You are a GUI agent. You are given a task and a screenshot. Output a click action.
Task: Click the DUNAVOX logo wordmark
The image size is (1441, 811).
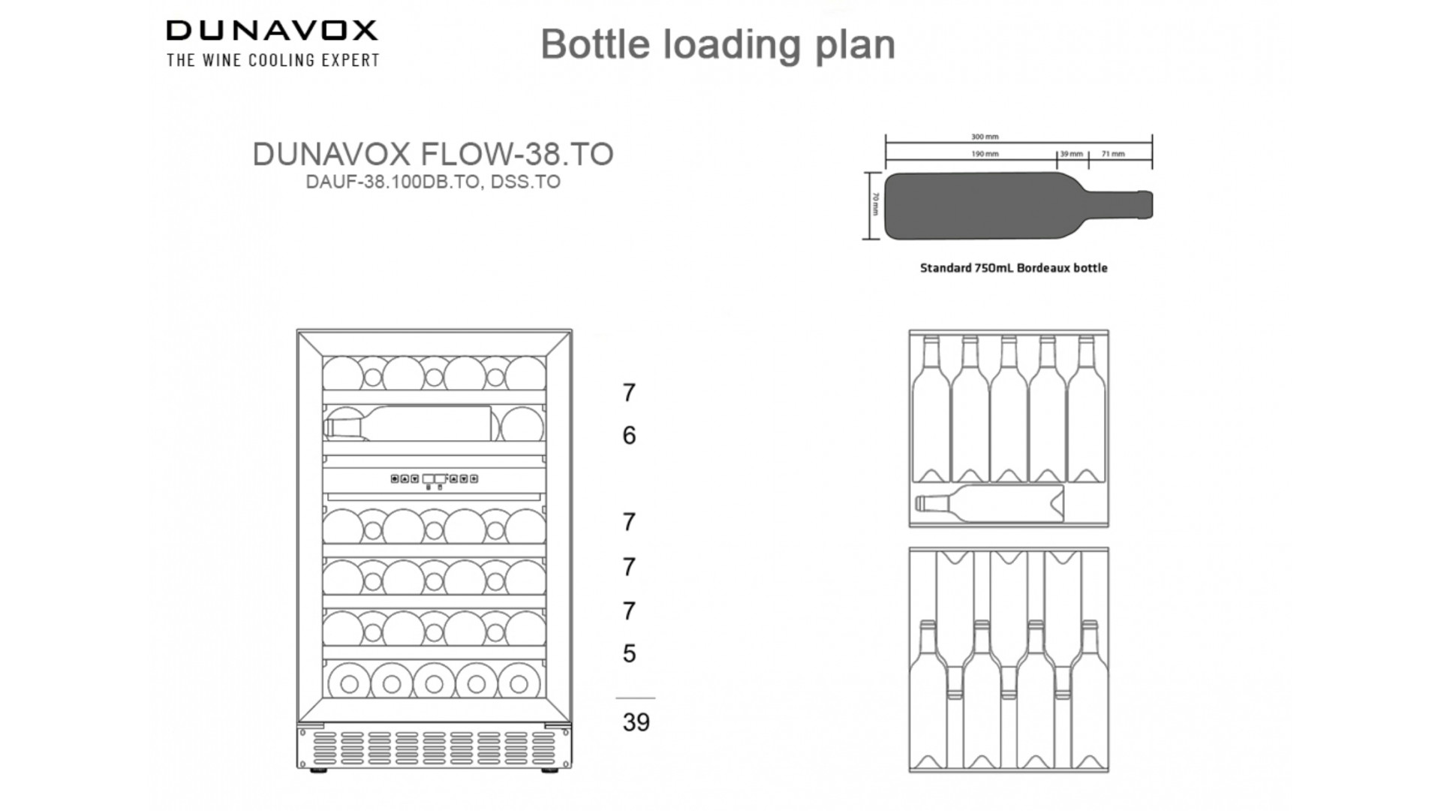272,31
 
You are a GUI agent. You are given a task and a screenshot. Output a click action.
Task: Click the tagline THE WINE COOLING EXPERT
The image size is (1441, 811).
273,60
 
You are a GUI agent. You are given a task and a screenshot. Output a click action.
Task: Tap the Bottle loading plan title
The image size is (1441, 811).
717,44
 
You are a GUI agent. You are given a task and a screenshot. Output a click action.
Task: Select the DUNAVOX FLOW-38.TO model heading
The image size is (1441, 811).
433,154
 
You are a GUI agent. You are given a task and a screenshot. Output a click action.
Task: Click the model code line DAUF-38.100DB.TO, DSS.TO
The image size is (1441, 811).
433,182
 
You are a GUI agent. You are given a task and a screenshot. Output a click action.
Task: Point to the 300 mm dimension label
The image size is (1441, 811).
985,137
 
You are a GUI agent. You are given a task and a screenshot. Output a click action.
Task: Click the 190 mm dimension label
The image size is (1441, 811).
985,154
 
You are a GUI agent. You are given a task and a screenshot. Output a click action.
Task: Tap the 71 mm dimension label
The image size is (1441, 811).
1113,154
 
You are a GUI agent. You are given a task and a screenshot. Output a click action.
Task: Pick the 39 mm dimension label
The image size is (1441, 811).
1071,154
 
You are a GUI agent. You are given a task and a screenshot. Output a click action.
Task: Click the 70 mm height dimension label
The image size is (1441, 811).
875,204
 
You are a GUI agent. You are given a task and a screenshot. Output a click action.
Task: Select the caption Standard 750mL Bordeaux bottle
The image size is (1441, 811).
1013,268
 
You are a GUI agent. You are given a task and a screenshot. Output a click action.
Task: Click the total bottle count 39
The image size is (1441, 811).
636,722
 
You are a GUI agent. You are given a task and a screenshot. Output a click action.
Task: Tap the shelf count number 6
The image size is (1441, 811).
629,436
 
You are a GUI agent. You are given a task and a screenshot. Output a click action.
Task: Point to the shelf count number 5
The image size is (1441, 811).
629,653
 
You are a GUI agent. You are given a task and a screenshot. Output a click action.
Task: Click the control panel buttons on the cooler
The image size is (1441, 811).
434,479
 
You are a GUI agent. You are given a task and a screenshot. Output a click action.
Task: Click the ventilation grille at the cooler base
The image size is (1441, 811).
434,748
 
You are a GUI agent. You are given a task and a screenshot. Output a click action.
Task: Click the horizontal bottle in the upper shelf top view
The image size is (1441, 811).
989,503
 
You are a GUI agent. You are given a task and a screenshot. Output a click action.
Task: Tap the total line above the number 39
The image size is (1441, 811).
635,698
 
